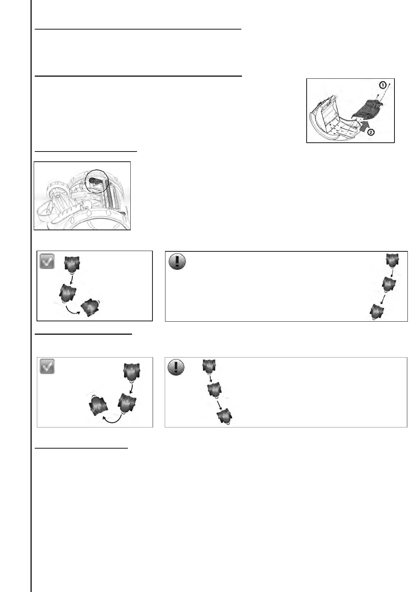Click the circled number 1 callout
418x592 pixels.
[x=383, y=85]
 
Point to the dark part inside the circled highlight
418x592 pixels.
[x=95, y=180]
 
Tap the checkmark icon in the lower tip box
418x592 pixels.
[x=47, y=367]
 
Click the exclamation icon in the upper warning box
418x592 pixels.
[x=177, y=262]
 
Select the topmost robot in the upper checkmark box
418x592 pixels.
[x=72, y=264]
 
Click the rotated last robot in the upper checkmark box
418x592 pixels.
[x=91, y=308]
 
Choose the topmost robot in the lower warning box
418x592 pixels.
[x=209, y=367]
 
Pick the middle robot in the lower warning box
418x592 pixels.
[x=215, y=390]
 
